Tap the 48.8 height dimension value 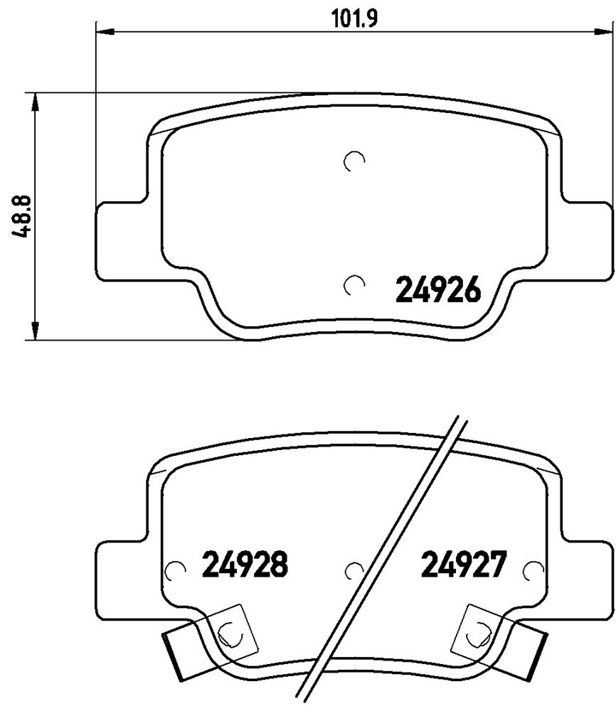(21, 216)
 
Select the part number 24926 (437, 290)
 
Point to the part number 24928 (245, 564)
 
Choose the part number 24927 (462, 564)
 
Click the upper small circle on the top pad (354, 161)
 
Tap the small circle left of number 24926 (354, 285)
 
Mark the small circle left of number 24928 (175, 571)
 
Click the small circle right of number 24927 (533, 571)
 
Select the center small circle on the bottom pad (354, 571)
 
